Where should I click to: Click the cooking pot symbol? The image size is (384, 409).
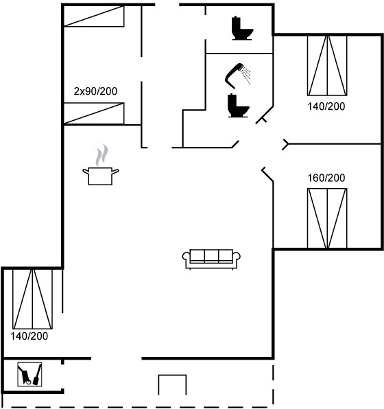tap(100, 176)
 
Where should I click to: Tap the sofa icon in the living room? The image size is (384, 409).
tap(211, 259)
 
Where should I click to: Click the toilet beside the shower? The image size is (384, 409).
tap(238, 106)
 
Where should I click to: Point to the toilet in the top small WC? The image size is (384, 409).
tap(242, 28)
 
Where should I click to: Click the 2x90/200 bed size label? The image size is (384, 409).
tap(95, 91)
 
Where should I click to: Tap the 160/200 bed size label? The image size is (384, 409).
tap(326, 178)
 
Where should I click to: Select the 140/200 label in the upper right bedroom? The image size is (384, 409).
tap(326, 106)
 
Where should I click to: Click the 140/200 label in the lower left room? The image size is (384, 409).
tap(29, 336)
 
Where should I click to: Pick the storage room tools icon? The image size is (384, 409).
tap(29, 374)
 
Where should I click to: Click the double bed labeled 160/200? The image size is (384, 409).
tap(327, 218)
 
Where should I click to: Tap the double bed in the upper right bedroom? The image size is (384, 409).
tap(327, 65)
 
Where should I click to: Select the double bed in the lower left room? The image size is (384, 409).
tap(33, 299)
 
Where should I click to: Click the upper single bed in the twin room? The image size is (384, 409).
tap(94, 16)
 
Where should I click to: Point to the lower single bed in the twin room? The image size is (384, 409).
tap(94, 113)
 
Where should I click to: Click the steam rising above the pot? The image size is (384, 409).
tap(101, 155)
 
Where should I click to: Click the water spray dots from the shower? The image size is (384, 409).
tap(246, 75)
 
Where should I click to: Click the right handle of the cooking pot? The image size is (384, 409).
tap(115, 172)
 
